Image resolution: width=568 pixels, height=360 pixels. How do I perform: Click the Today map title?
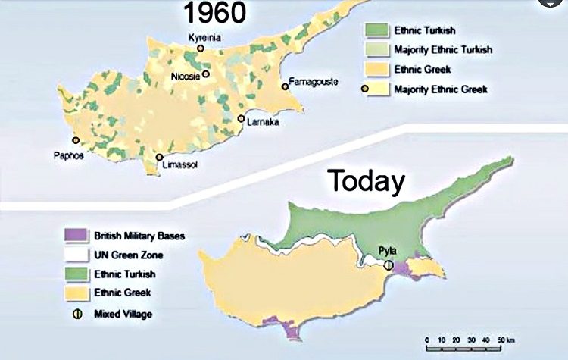click(366, 181)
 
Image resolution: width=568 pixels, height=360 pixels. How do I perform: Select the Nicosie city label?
click(188, 75)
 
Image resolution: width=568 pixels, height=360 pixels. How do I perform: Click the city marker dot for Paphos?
click(75, 140)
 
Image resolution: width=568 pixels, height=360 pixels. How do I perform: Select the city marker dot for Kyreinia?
click(200, 48)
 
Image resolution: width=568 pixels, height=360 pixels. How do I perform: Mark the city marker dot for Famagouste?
click(285, 86)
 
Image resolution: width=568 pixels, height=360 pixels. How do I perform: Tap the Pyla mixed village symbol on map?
click(389, 265)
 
